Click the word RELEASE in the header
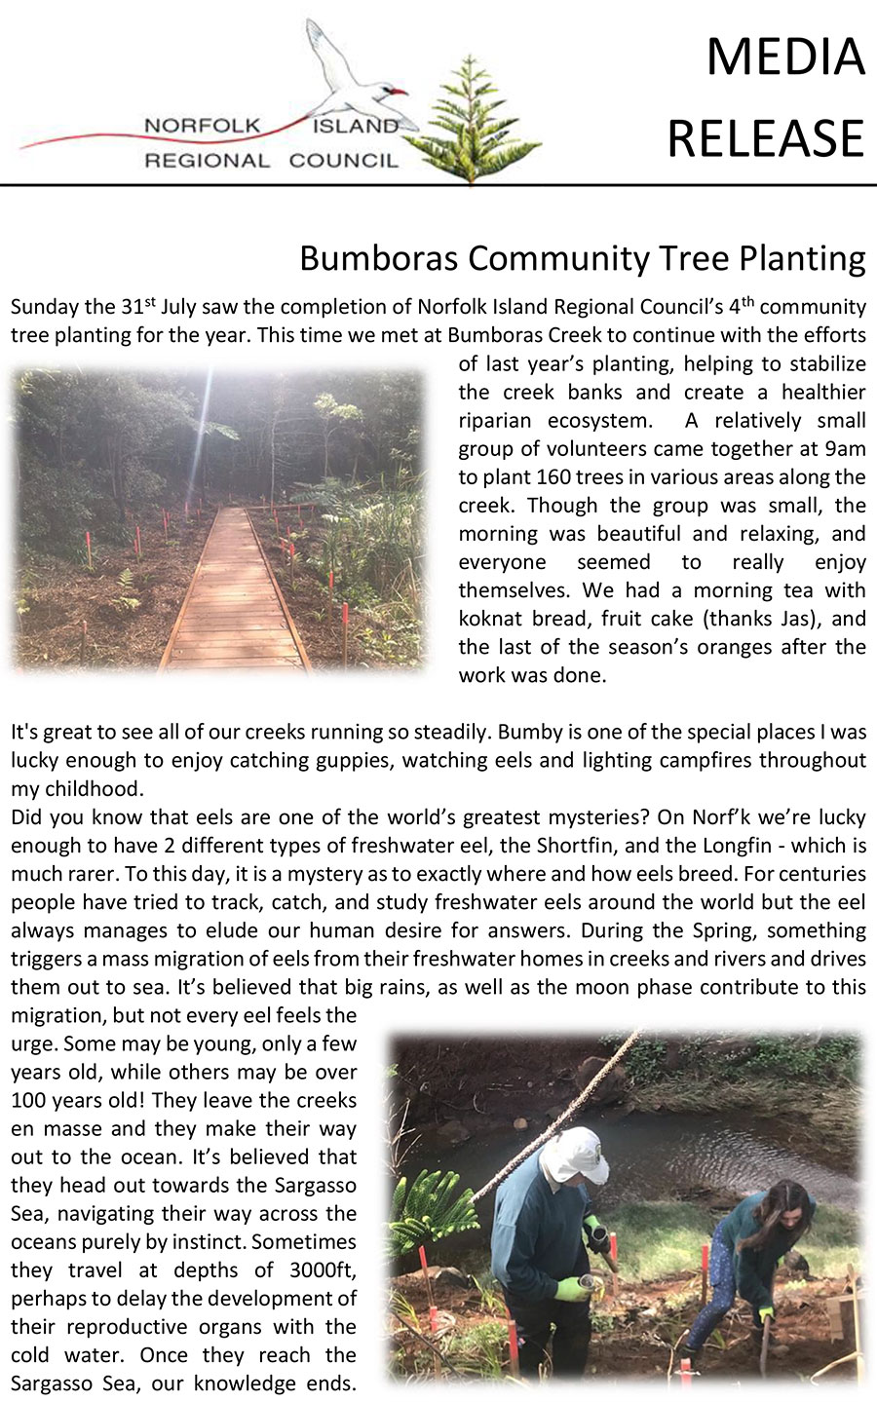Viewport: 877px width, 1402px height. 766,137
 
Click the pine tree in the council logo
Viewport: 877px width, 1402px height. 472,122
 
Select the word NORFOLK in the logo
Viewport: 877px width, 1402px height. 203,126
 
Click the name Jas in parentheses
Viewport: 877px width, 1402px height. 798,619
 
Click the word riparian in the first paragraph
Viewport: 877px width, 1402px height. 497,421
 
